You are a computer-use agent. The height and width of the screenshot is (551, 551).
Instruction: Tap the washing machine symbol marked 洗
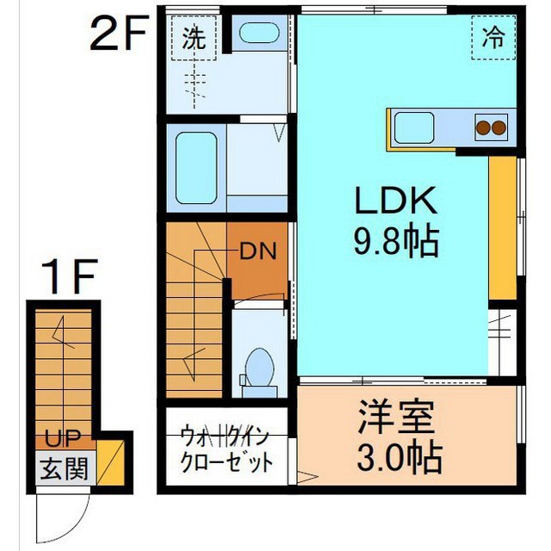(x=195, y=40)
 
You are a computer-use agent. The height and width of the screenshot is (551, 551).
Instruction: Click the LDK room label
(x=395, y=205)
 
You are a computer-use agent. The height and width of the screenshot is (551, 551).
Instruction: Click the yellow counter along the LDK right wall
(x=501, y=227)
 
